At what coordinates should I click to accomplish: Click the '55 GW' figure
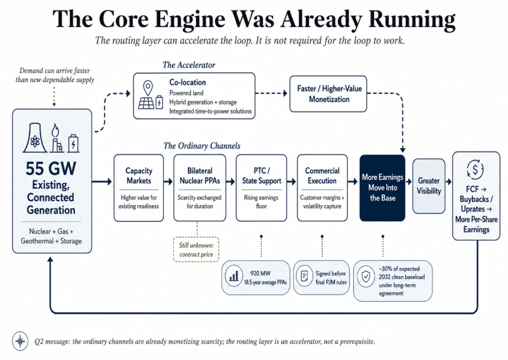pyautogui.click(x=51, y=168)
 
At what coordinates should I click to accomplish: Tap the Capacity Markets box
pyautogui.click(x=139, y=188)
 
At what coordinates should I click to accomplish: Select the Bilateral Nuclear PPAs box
pyautogui.click(x=200, y=188)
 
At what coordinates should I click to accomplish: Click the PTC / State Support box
pyautogui.click(x=262, y=188)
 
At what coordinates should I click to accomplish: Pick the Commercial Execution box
pyautogui.click(x=322, y=188)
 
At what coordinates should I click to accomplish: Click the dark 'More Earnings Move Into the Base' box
pyautogui.click(x=382, y=188)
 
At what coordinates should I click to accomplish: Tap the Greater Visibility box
pyautogui.click(x=429, y=186)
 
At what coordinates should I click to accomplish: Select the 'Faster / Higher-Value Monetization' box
pyautogui.click(x=328, y=94)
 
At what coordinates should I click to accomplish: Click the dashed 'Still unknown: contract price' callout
pyautogui.click(x=196, y=250)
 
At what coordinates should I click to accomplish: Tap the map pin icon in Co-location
pyautogui.click(x=148, y=87)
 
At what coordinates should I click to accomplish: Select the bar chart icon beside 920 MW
pyautogui.click(x=234, y=276)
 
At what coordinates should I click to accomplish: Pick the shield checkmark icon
pyautogui.click(x=366, y=277)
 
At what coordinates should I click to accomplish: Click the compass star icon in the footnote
pyautogui.click(x=21, y=341)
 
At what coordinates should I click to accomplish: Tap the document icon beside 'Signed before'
pyautogui.click(x=305, y=276)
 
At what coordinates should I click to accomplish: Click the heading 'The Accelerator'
pyautogui.click(x=189, y=65)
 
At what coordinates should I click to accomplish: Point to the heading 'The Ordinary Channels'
pyautogui.click(x=202, y=146)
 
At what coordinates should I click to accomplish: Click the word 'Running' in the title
pyautogui.click(x=412, y=19)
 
